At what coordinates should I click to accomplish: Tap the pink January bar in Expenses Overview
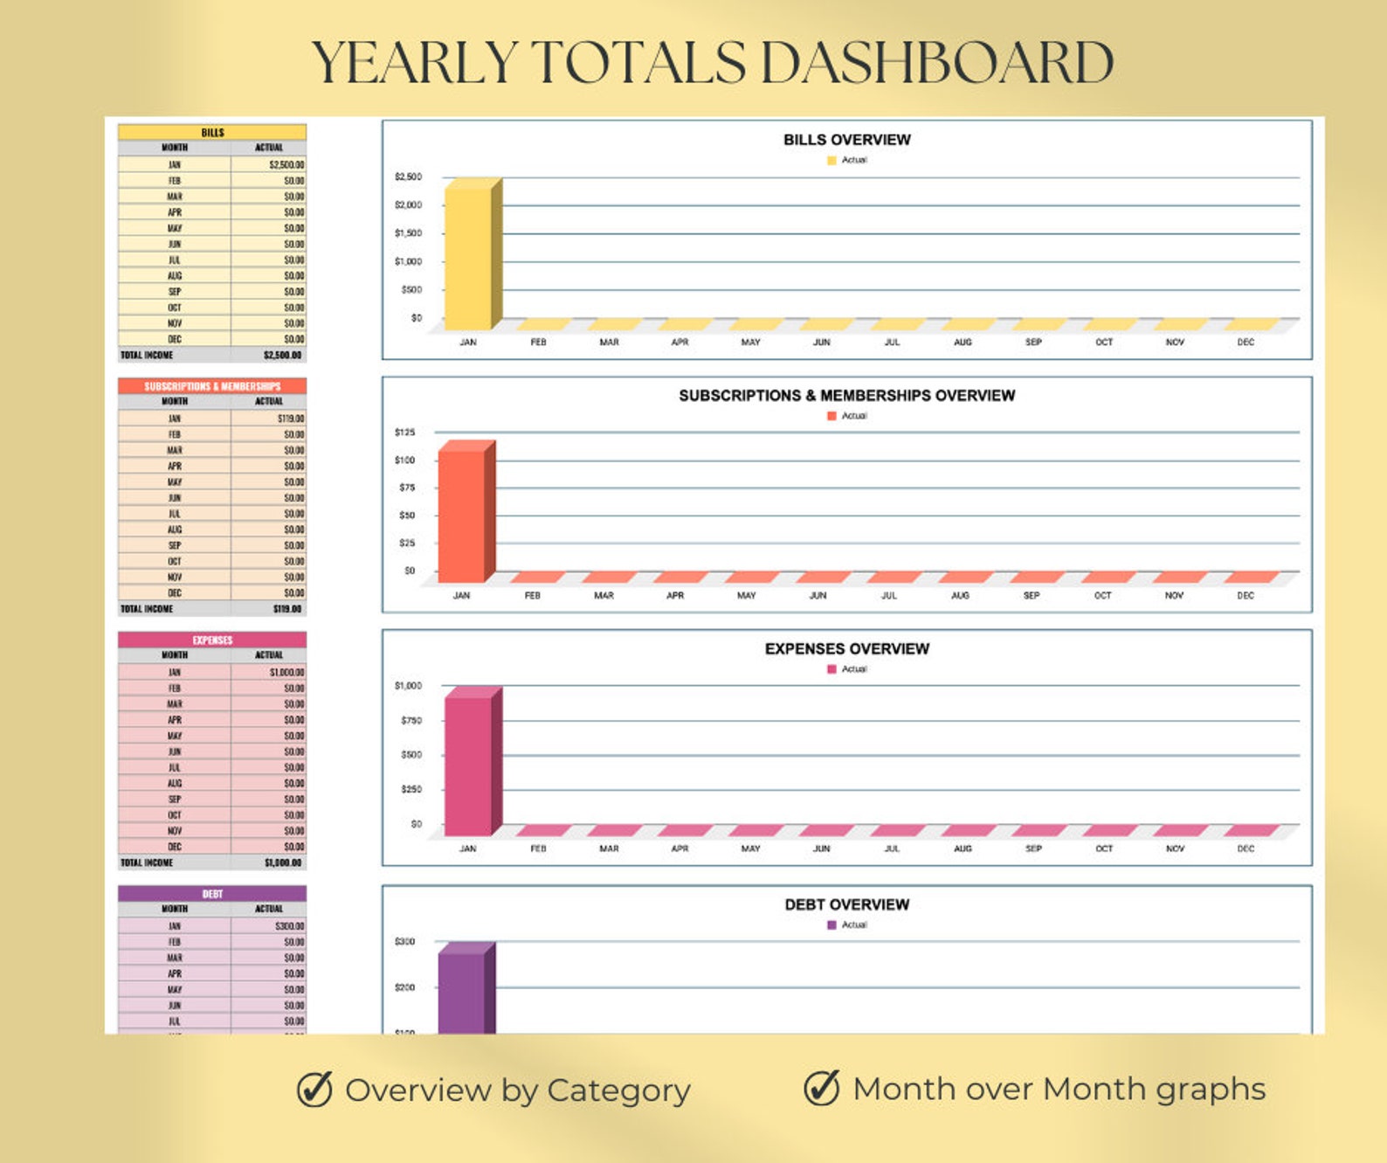click(x=469, y=764)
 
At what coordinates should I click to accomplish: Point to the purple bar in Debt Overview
click(x=462, y=992)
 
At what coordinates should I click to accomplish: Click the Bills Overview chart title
click(x=846, y=140)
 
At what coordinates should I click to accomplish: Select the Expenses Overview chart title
click(x=846, y=649)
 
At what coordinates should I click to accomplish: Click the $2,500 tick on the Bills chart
click(x=408, y=177)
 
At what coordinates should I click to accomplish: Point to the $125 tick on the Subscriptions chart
click(x=405, y=433)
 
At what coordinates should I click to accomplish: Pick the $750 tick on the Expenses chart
click(x=411, y=721)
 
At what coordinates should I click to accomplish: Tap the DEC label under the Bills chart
click(x=1246, y=343)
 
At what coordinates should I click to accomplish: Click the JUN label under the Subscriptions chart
click(x=818, y=596)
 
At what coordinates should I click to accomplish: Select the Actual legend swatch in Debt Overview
click(x=832, y=925)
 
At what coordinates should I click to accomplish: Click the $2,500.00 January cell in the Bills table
click(x=286, y=165)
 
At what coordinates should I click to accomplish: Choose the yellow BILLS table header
click(x=212, y=133)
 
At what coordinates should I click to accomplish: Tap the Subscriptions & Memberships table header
click(x=212, y=386)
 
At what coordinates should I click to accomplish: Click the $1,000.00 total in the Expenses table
click(x=283, y=863)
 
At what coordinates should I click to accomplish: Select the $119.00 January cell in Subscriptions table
click(x=291, y=419)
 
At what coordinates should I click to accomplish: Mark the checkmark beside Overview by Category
click(x=314, y=1090)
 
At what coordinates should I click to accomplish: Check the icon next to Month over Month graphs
click(x=822, y=1088)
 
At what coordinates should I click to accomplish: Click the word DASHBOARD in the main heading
click(x=937, y=63)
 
